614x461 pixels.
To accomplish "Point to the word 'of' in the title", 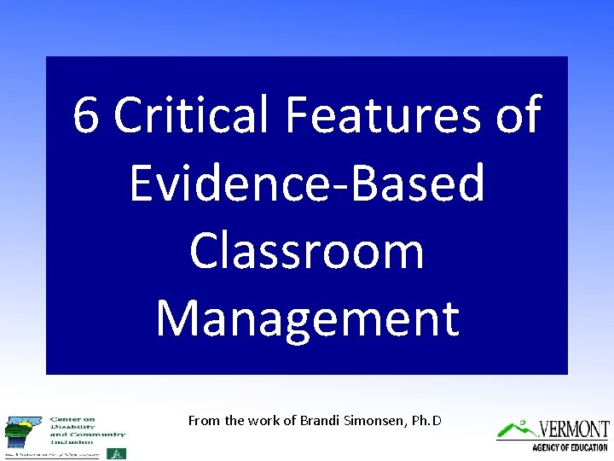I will [x=517, y=115].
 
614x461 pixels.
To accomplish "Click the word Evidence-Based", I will [x=307, y=183].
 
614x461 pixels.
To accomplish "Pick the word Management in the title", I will [x=307, y=318].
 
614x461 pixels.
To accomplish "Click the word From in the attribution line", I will [x=204, y=420].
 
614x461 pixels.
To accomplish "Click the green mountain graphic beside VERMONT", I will [x=517, y=428].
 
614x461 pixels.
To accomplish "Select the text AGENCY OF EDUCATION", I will [x=570, y=446].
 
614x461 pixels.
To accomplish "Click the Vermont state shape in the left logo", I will [x=23, y=431].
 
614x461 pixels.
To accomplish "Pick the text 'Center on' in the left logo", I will [x=72, y=419].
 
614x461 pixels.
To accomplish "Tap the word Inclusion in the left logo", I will [x=72, y=441].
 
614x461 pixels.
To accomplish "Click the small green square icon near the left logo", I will [x=121, y=453].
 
